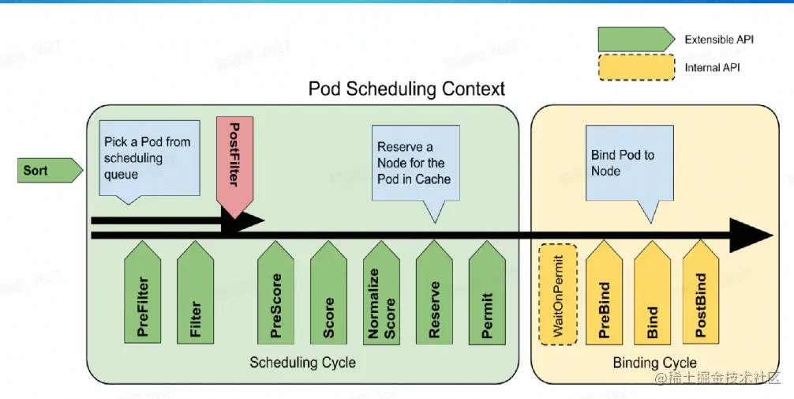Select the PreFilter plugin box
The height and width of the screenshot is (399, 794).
(143, 296)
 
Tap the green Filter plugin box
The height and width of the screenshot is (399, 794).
(195, 296)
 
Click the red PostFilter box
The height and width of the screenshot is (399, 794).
(233, 166)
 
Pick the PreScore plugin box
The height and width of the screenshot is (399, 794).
(275, 296)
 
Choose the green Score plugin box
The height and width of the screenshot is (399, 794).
(328, 296)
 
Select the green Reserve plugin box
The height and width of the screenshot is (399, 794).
(434, 296)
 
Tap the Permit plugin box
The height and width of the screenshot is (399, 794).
(487, 296)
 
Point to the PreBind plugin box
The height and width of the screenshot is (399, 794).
(605, 296)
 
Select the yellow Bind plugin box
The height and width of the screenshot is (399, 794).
(653, 296)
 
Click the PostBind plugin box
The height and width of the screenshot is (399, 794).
(701, 296)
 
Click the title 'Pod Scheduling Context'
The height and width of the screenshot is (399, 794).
(406, 88)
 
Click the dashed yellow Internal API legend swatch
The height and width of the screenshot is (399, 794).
(636, 67)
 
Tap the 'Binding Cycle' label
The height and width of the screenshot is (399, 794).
(654, 363)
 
